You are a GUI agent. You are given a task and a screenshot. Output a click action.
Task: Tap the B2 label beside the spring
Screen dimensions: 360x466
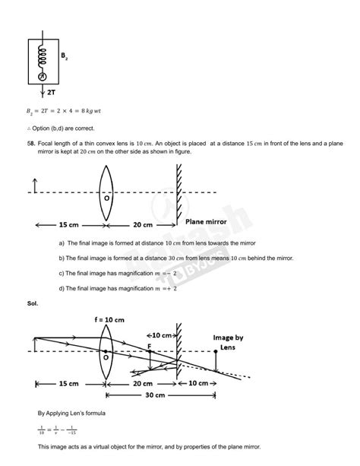pyautogui.click(x=68, y=55)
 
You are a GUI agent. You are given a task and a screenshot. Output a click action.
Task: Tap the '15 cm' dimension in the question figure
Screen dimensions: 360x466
pyautogui.click(x=69, y=225)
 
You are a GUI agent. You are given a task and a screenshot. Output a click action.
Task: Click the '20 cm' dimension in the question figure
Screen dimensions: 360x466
pyautogui.click(x=141, y=225)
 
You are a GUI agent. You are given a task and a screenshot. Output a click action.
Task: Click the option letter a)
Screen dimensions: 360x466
pyautogui.click(x=62, y=243)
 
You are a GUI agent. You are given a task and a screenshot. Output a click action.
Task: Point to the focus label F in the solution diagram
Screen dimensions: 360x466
pyautogui.click(x=150, y=347)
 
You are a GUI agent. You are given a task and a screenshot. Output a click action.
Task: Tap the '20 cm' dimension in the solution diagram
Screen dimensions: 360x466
pyautogui.click(x=141, y=383)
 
